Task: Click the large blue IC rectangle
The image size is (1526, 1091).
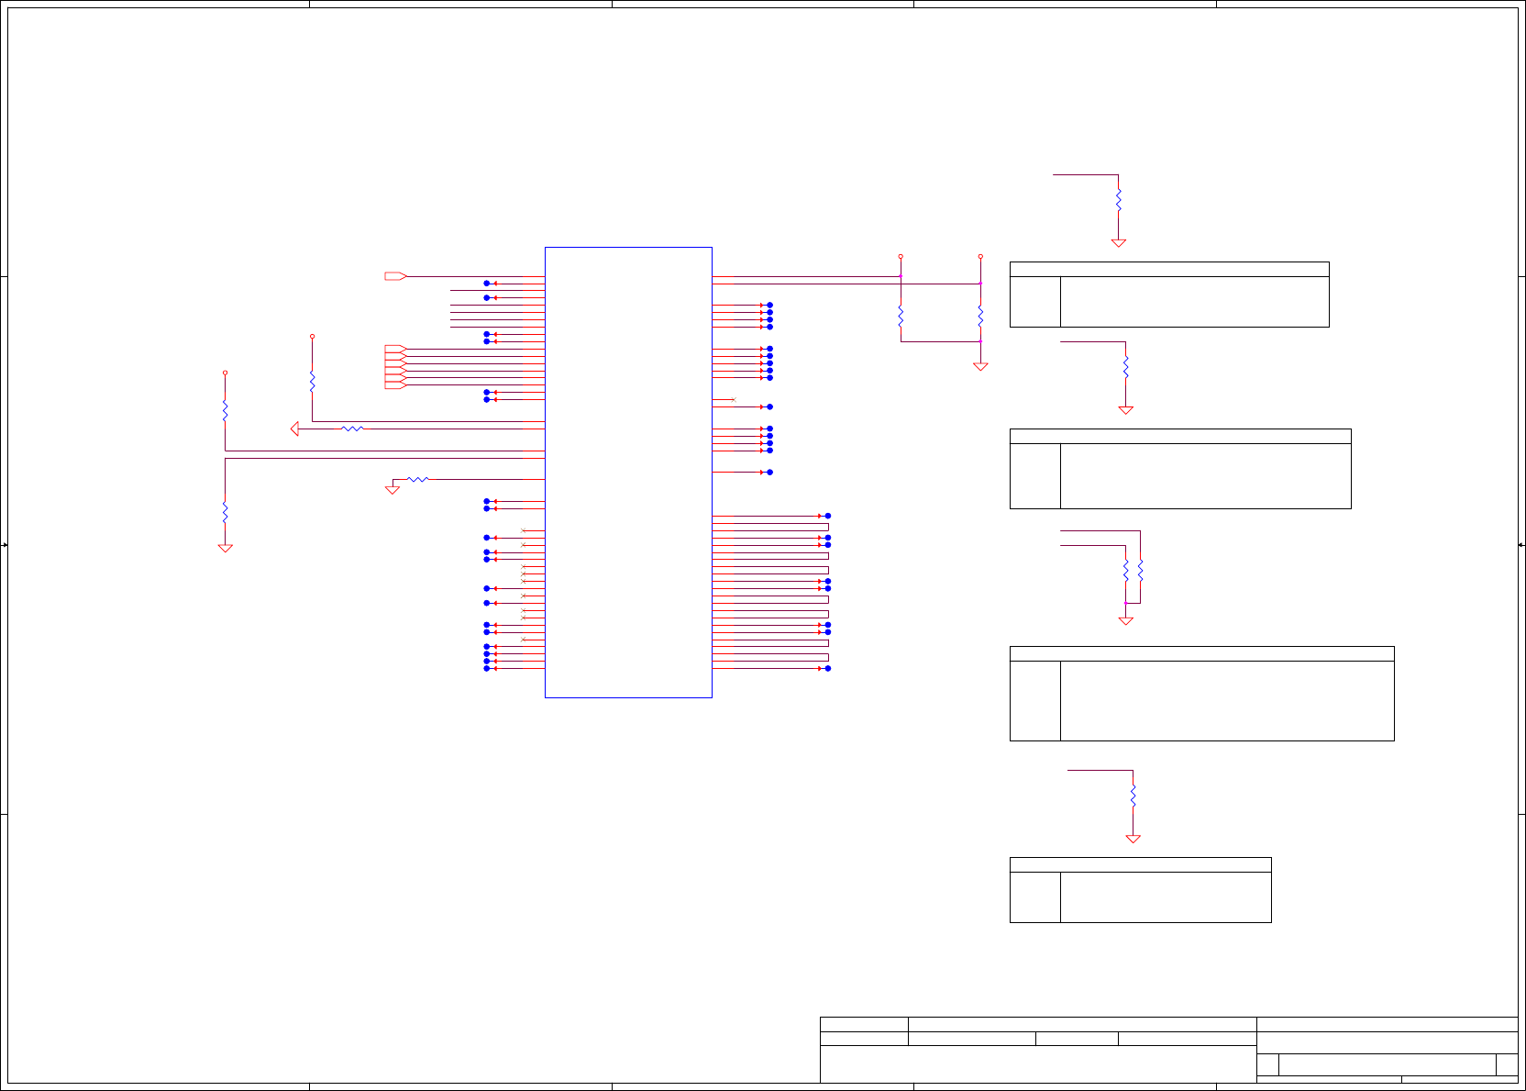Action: pos(628,472)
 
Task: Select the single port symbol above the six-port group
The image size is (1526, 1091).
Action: pos(395,276)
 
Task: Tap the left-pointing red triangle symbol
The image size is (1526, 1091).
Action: pos(294,429)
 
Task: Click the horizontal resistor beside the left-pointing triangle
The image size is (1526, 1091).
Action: pos(352,429)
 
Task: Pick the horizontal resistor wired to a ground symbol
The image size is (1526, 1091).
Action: pos(417,479)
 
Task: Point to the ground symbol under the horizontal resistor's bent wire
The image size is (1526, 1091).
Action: pos(393,490)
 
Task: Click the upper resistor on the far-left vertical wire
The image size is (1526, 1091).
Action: pos(225,410)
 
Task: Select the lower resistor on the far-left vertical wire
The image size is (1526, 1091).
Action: pos(225,511)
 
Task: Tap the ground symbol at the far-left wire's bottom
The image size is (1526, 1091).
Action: pos(225,548)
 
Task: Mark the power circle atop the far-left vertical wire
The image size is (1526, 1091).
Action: pos(225,373)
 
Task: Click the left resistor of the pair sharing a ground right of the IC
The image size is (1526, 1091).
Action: pos(901,317)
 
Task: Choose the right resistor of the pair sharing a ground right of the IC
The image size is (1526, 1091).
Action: pos(980,317)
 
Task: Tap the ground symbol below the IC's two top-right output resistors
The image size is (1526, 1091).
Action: pos(980,366)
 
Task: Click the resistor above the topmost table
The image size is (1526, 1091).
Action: pos(1118,199)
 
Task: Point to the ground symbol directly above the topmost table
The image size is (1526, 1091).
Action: pos(1118,243)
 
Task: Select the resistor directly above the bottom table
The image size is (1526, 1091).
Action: pos(1133,795)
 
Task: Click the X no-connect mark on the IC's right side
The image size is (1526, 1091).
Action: pos(733,399)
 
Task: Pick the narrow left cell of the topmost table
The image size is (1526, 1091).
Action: pos(1034,301)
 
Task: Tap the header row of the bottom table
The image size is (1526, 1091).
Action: pos(1140,864)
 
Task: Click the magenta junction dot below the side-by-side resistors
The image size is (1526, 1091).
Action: pos(1125,603)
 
